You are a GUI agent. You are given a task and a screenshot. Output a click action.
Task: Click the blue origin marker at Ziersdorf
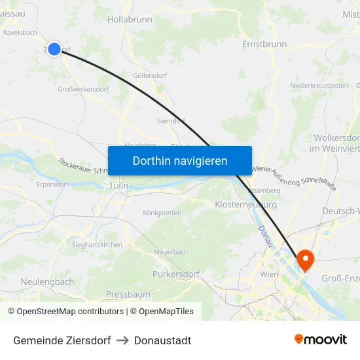[x=54, y=48]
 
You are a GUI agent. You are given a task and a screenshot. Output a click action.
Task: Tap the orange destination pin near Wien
[x=305, y=261]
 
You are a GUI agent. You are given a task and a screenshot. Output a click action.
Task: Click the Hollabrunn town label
[x=130, y=20]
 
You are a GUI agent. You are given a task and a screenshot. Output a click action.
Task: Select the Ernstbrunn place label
[x=264, y=45]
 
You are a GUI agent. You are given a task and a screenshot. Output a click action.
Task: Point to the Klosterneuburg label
[x=245, y=204]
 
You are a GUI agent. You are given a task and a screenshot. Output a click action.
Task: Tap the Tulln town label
[x=118, y=186]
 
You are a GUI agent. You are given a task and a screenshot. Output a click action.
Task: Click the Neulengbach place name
[x=47, y=281]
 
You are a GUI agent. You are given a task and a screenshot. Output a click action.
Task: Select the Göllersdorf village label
[x=150, y=76]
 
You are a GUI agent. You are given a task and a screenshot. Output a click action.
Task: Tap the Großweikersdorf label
[x=84, y=90]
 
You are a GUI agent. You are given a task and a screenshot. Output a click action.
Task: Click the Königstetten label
[x=162, y=213]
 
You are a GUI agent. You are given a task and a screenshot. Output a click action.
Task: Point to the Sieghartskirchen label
[x=97, y=245]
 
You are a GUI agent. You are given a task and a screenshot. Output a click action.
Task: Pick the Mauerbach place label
[x=170, y=251]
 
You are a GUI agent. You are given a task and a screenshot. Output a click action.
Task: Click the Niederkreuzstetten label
[x=319, y=86]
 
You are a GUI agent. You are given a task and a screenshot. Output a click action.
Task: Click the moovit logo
[x=321, y=340]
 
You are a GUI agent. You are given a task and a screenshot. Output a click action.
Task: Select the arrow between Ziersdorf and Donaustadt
[x=122, y=340]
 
